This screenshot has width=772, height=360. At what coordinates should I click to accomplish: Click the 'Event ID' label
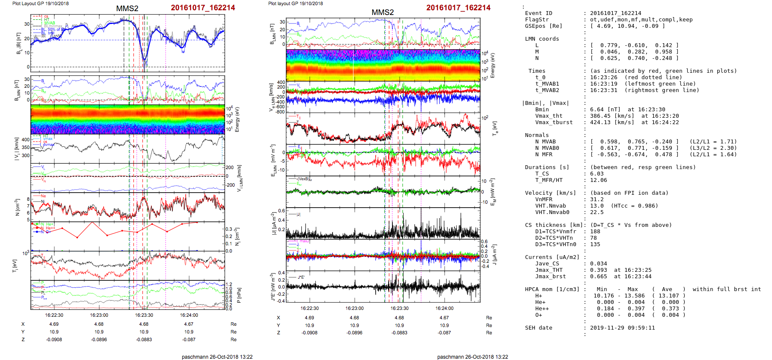pos(538,13)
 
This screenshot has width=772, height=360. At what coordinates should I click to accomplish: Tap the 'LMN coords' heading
pos(542,39)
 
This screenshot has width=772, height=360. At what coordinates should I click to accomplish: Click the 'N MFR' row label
pos(543,155)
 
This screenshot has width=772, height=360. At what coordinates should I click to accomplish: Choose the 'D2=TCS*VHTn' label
pos(554,238)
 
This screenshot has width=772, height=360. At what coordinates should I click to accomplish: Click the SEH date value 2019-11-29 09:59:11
pos(622,328)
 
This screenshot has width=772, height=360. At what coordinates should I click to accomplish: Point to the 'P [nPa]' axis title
pos(239,295)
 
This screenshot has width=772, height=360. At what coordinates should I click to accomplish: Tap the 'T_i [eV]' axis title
pos(16,266)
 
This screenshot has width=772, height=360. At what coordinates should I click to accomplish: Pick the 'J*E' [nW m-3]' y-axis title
pos(273,287)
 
